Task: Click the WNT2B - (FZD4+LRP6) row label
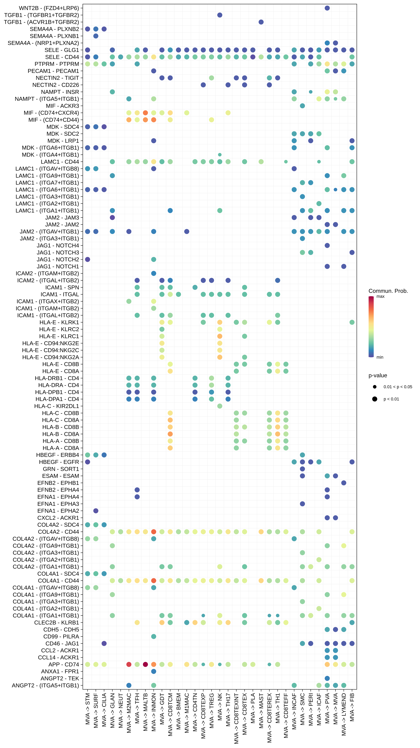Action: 49,8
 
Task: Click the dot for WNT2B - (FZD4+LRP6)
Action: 327,8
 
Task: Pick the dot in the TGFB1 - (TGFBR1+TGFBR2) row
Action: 220,15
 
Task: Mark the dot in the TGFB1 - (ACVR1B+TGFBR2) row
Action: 261,22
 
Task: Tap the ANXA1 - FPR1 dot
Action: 154,671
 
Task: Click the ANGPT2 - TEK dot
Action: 327,678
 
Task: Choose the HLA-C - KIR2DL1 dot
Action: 220,406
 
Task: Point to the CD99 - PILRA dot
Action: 154,636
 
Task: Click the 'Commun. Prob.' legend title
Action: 388,291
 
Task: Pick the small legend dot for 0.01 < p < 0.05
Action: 375,387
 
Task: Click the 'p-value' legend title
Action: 378,375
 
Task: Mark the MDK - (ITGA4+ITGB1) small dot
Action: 220,155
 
